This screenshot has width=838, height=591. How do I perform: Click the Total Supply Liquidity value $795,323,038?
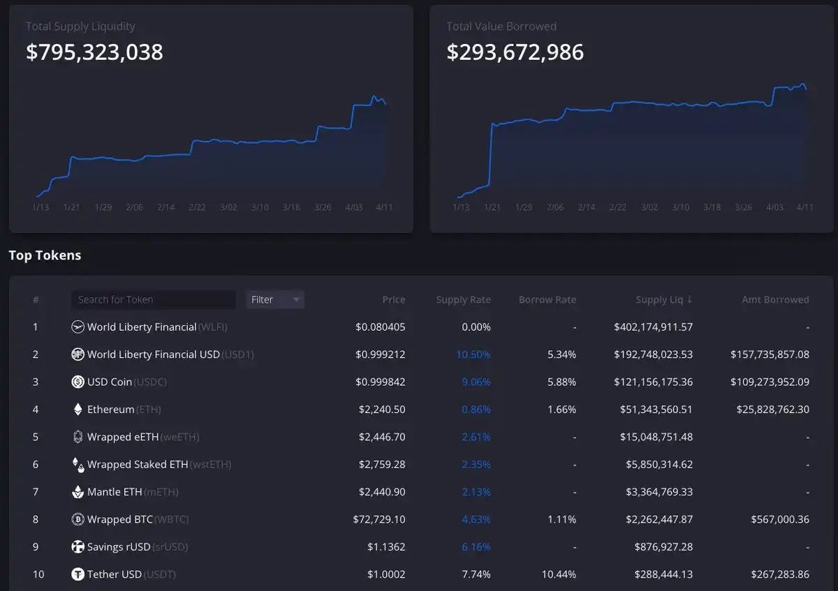click(x=94, y=52)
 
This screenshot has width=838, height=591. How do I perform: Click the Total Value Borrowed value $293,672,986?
click(x=515, y=52)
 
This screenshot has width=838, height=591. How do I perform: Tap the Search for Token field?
click(x=153, y=299)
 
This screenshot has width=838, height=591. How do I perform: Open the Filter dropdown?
click(x=275, y=299)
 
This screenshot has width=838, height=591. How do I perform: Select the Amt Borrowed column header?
click(x=775, y=299)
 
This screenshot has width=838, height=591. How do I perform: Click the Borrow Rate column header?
click(x=547, y=299)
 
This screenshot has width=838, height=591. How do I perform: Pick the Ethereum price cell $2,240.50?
click(x=381, y=410)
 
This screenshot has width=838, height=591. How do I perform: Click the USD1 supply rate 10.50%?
click(x=473, y=354)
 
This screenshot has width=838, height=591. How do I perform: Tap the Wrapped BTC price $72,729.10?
click(x=379, y=519)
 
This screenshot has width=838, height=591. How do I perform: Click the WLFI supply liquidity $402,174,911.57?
click(x=653, y=327)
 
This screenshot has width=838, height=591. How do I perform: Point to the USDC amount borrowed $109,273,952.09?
click(x=770, y=382)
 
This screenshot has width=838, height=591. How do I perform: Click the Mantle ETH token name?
click(x=115, y=492)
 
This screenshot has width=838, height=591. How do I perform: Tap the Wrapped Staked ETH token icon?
click(x=78, y=464)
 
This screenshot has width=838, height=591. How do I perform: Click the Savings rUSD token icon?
click(x=78, y=547)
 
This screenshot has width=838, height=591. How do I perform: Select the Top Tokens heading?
click(x=45, y=255)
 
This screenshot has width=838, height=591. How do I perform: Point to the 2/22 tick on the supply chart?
click(x=197, y=207)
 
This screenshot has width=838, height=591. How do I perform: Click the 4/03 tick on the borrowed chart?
click(x=774, y=207)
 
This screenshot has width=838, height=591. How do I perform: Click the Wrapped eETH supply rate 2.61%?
click(x=476, y=437)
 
